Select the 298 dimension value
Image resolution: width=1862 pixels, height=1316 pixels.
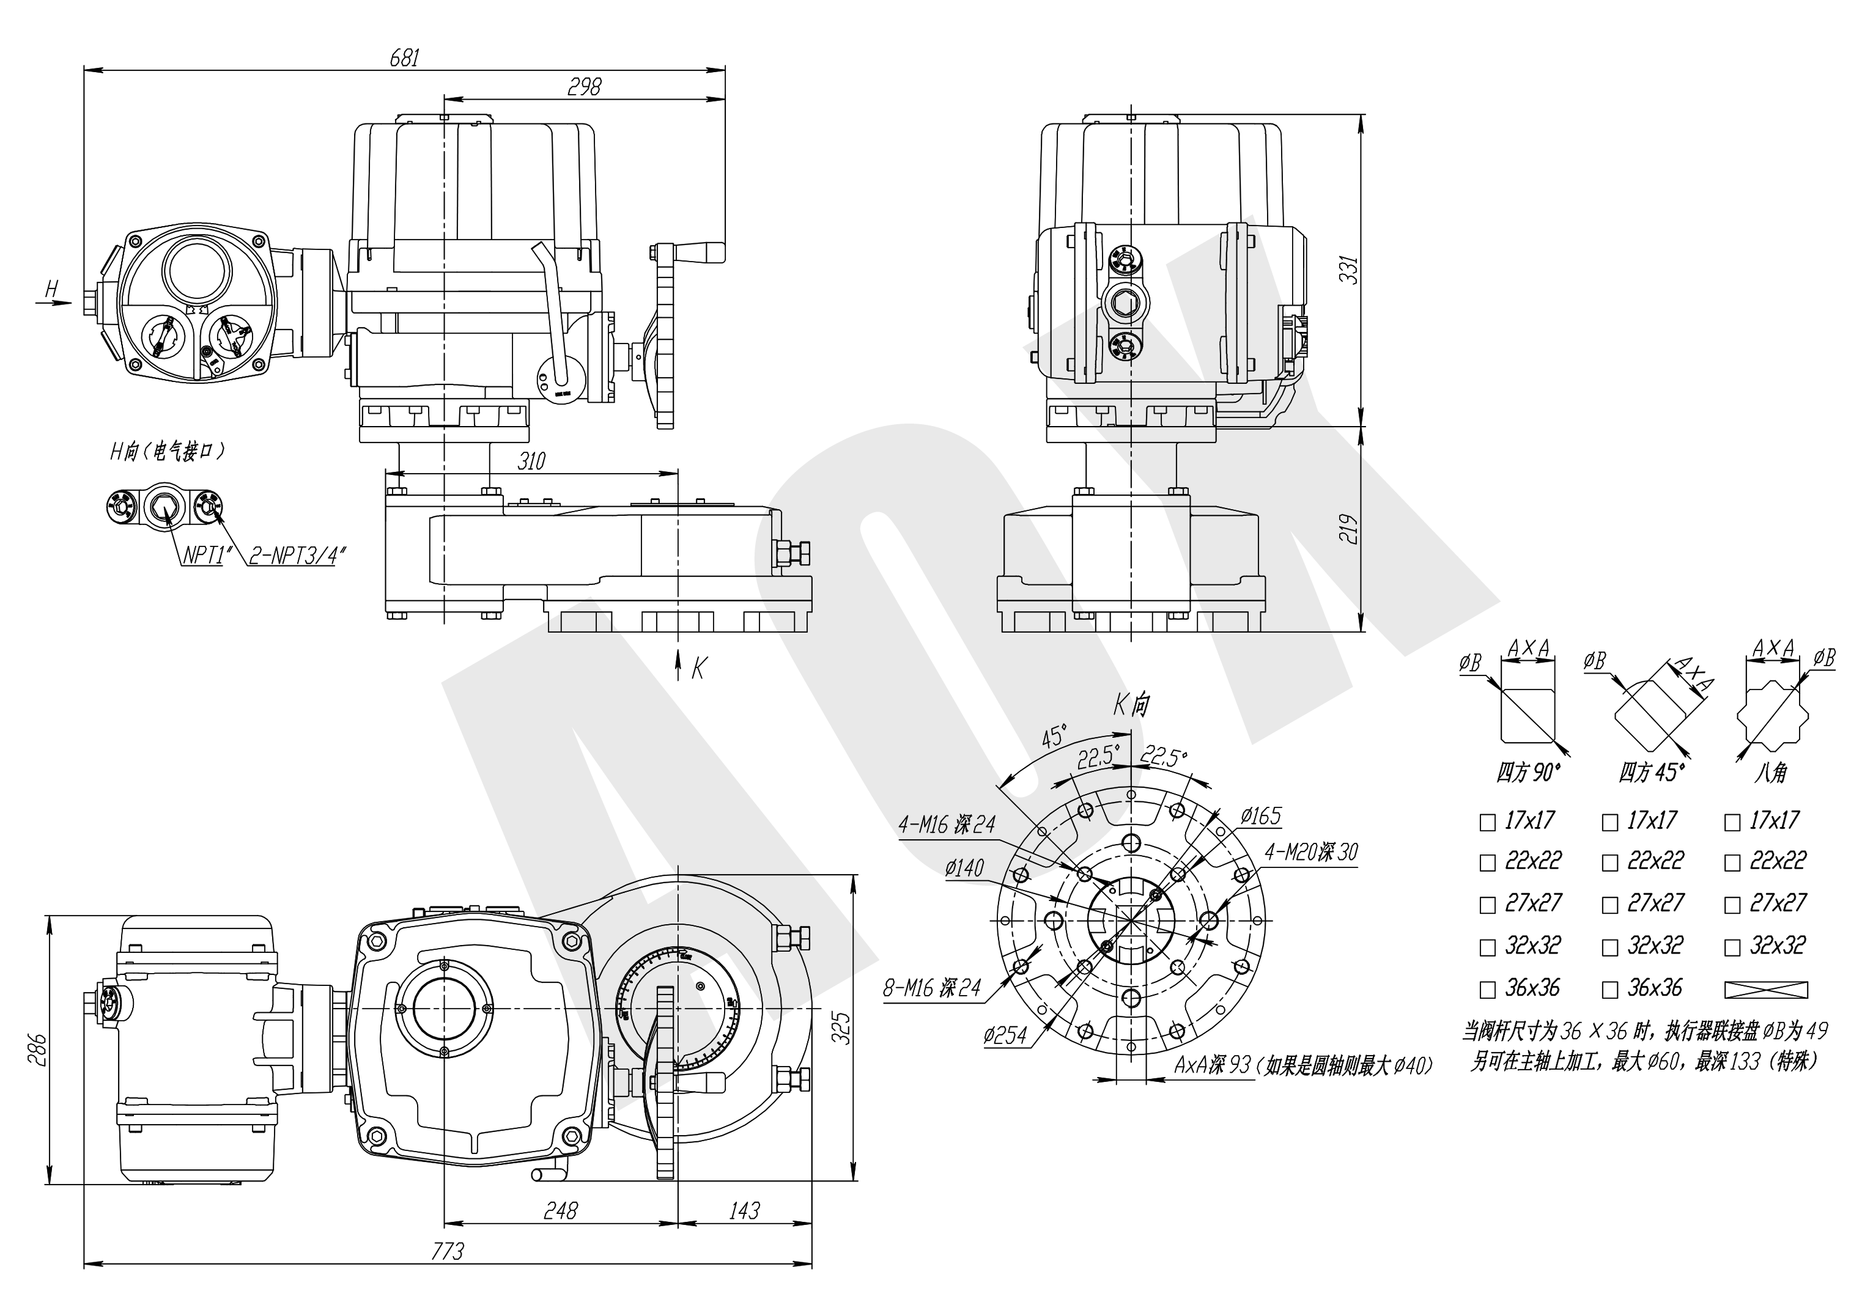click(x=584, y=86)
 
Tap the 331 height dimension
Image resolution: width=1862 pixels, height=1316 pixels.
click(x=1348, y=270)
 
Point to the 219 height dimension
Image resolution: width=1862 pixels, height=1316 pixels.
click(x=1348, y=529)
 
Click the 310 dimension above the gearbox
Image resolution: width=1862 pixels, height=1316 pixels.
click(x=531, y=461)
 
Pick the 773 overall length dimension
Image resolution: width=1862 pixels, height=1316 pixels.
click(x=447, y=1251)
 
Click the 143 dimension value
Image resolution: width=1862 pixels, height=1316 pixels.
click(x=744, y=1211)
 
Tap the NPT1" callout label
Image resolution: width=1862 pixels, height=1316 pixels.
click(x=203, y=556)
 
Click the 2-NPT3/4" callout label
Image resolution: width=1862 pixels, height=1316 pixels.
click(x=298, y=556)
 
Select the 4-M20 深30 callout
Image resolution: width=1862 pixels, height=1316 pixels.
click(x=1310, y=851)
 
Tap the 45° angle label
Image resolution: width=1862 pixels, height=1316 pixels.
click(x=1052, y=737)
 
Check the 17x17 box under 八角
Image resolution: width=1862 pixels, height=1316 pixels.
click(x=1732, y=823)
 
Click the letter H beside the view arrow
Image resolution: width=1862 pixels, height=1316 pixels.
click(x=52, y=288)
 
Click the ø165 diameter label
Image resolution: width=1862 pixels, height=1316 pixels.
click(x=1260, y=816)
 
